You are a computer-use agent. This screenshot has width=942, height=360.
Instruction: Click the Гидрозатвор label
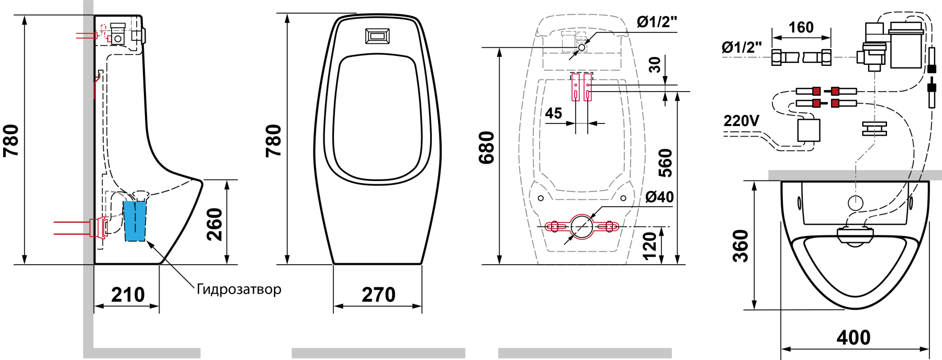[239, 289]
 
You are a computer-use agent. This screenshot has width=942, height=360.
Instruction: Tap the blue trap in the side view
[135, 221]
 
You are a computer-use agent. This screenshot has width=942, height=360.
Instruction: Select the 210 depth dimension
[128, 295]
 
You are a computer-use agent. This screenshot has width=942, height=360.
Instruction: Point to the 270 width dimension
[378, 295]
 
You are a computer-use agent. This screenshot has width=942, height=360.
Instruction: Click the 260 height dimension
[215, 224]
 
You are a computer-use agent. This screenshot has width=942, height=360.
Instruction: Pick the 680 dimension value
[487, 148]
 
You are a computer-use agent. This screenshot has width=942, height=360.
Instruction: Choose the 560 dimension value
[665, 163]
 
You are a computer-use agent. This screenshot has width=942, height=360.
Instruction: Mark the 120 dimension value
[649, 246]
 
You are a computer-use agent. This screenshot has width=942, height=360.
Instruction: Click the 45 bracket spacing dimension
[553, 113]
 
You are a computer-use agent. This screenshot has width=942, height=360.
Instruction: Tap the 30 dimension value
[655, 65]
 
